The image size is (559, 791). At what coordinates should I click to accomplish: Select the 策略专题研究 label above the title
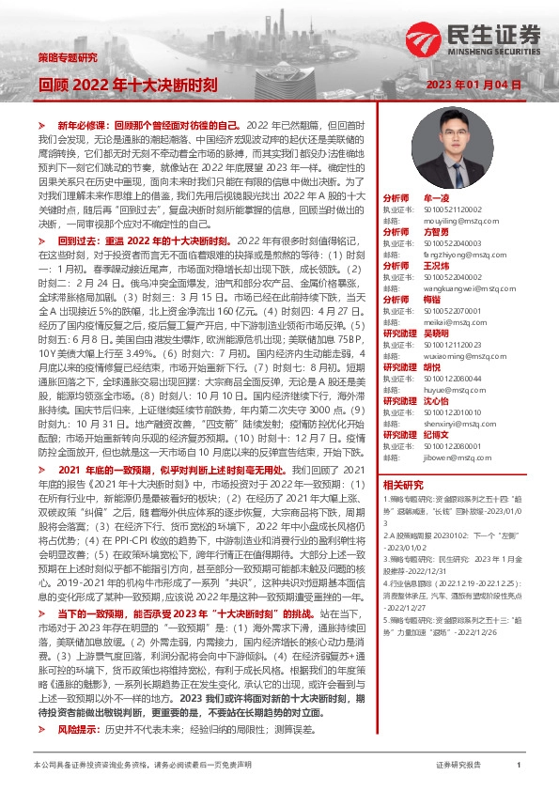pos(67,57)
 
